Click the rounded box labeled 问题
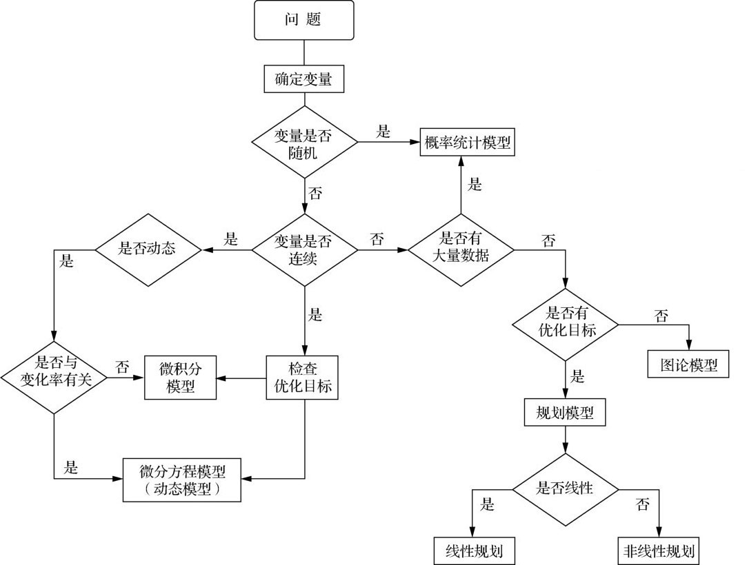[x=303, y=20]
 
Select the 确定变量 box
[x=303, y=79]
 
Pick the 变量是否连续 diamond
[x=303, y=249]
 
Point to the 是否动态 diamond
[x=147, y=249]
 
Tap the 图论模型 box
[x=689, y=364]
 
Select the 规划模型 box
[x=566, y=413]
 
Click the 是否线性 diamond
[x=566, y=489]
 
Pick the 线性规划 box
[x=475, y=551]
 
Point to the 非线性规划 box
[x=659, y=551]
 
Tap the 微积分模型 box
[x=181, y=376]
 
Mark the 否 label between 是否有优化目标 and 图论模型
[x=661, y=316]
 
